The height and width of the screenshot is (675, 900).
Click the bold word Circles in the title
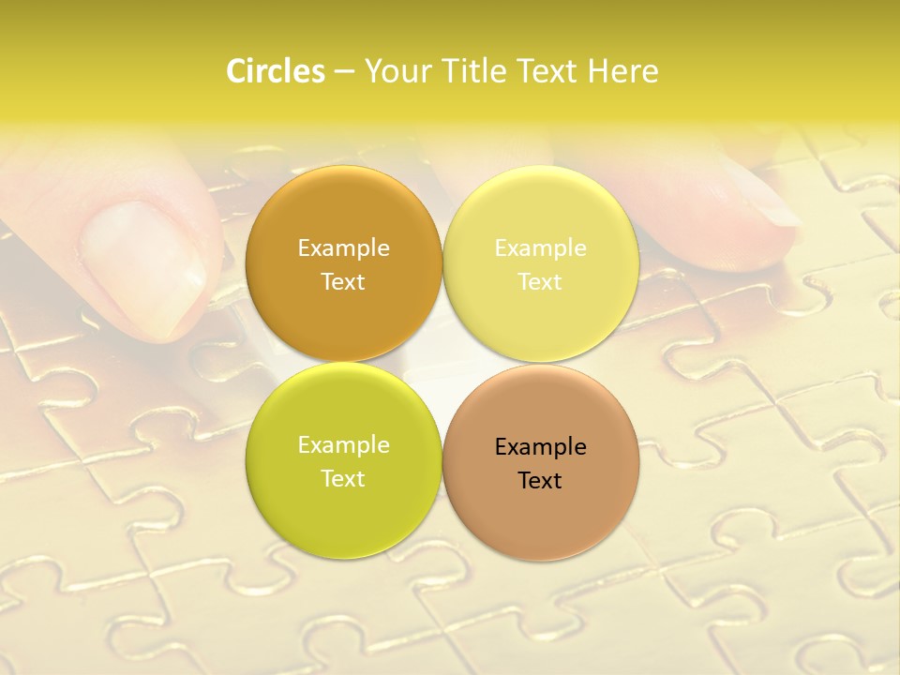click(x=275, y=71)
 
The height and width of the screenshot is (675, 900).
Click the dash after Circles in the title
click(x=344, y=72)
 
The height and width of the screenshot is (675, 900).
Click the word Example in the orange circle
click(x=343, y=248)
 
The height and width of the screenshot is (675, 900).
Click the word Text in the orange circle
click(x=343, y=282)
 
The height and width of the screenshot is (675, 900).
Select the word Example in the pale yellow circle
click(x=540, y=248)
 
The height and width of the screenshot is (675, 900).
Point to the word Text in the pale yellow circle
click(x=540, y=282)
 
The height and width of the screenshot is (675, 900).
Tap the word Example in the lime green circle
click(x=343, y=445)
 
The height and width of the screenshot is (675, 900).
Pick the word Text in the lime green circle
click(x=343, y=479)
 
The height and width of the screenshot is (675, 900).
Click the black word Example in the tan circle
click(x=540, y=447)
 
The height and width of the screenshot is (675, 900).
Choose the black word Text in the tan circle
click(x=540, y=481)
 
